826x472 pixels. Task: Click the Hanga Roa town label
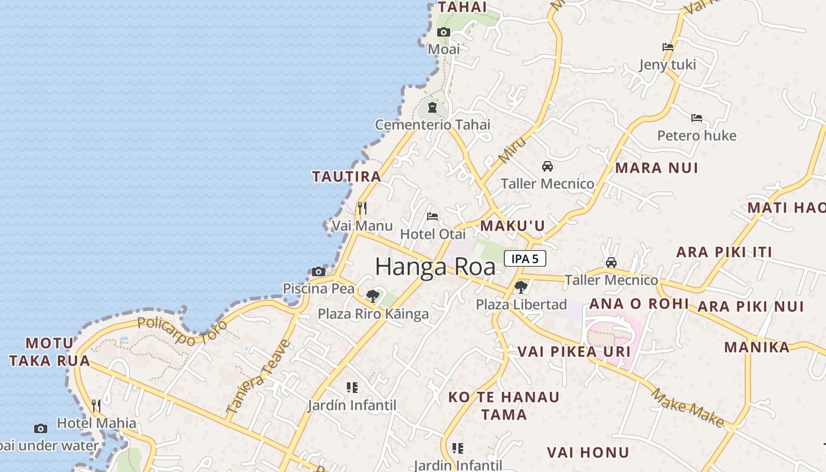tap(435, 267)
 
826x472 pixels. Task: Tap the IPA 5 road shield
tap(525, 258)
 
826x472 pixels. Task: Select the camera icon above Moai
tap(443, 32)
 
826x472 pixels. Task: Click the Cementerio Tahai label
tap(432, 124)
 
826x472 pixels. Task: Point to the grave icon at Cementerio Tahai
tap(432, 107)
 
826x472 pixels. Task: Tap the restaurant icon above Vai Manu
tap(362, 208)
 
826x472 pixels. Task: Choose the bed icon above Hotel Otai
tap(432, 217)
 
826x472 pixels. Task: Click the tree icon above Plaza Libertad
tap(520, 287)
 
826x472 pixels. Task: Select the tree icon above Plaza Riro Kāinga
tap(372, 296)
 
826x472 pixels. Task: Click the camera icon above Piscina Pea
tap(319, 271)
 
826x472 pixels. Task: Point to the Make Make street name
tap(688, 407)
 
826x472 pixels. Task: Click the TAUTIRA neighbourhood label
tap(346, 176)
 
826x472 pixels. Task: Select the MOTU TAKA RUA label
tap(50, 352)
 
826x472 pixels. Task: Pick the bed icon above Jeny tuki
tap(668, 47)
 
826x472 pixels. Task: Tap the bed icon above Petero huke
tap(697, 118)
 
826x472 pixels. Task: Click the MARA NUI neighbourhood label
tap(656, 168)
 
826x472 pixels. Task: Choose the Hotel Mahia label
tap(96, 423)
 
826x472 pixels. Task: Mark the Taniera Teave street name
tap(258, 376)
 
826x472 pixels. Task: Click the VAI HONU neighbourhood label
tap(588, 453)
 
